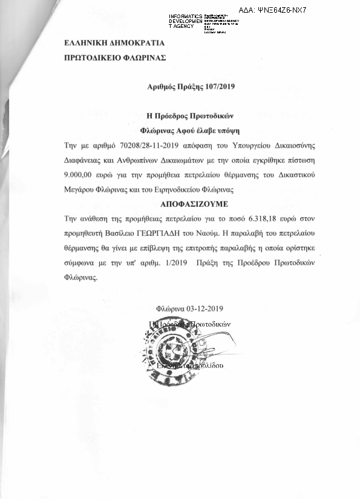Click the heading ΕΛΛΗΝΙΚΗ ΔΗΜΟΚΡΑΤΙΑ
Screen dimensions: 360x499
tap(114, 43)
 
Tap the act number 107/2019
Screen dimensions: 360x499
tap(218, 86)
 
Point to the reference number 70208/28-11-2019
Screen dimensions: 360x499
tap(149, 146)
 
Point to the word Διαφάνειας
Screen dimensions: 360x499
tap(84, 160)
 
